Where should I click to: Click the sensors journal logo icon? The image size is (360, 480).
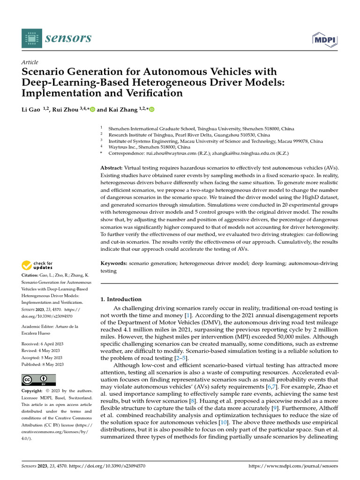(x=31, y=37)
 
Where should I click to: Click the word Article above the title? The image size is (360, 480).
(x=30, y=62)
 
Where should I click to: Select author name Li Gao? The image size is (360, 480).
(x=31, y=110)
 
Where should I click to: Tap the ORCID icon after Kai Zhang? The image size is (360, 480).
(x=151, y=110)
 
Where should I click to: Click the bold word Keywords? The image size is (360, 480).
(x=114, y=264)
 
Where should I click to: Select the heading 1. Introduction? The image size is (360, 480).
(x=121, y=299)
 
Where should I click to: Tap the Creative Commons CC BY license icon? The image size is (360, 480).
(x=38, y=380)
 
